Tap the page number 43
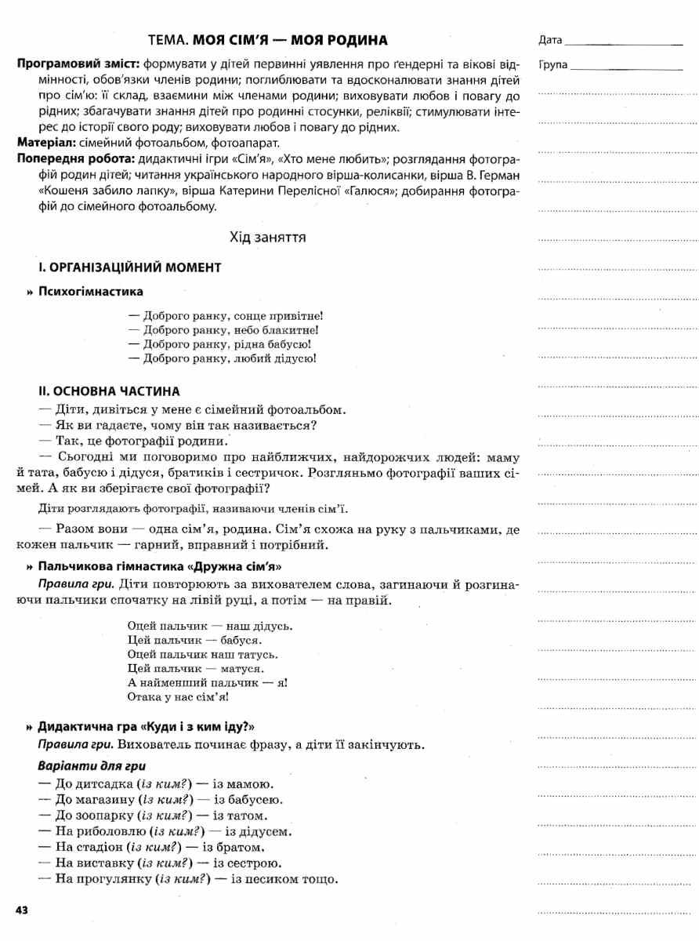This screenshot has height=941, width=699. (22, 910)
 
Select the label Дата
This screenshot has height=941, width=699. (550, 40)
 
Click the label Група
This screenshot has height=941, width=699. (552, 65)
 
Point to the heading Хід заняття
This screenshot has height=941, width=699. (267, 236)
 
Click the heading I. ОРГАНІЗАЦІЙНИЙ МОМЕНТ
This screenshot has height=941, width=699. (130, 267)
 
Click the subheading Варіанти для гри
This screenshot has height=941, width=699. (92, 765)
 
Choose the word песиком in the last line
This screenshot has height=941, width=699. (260, 879)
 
